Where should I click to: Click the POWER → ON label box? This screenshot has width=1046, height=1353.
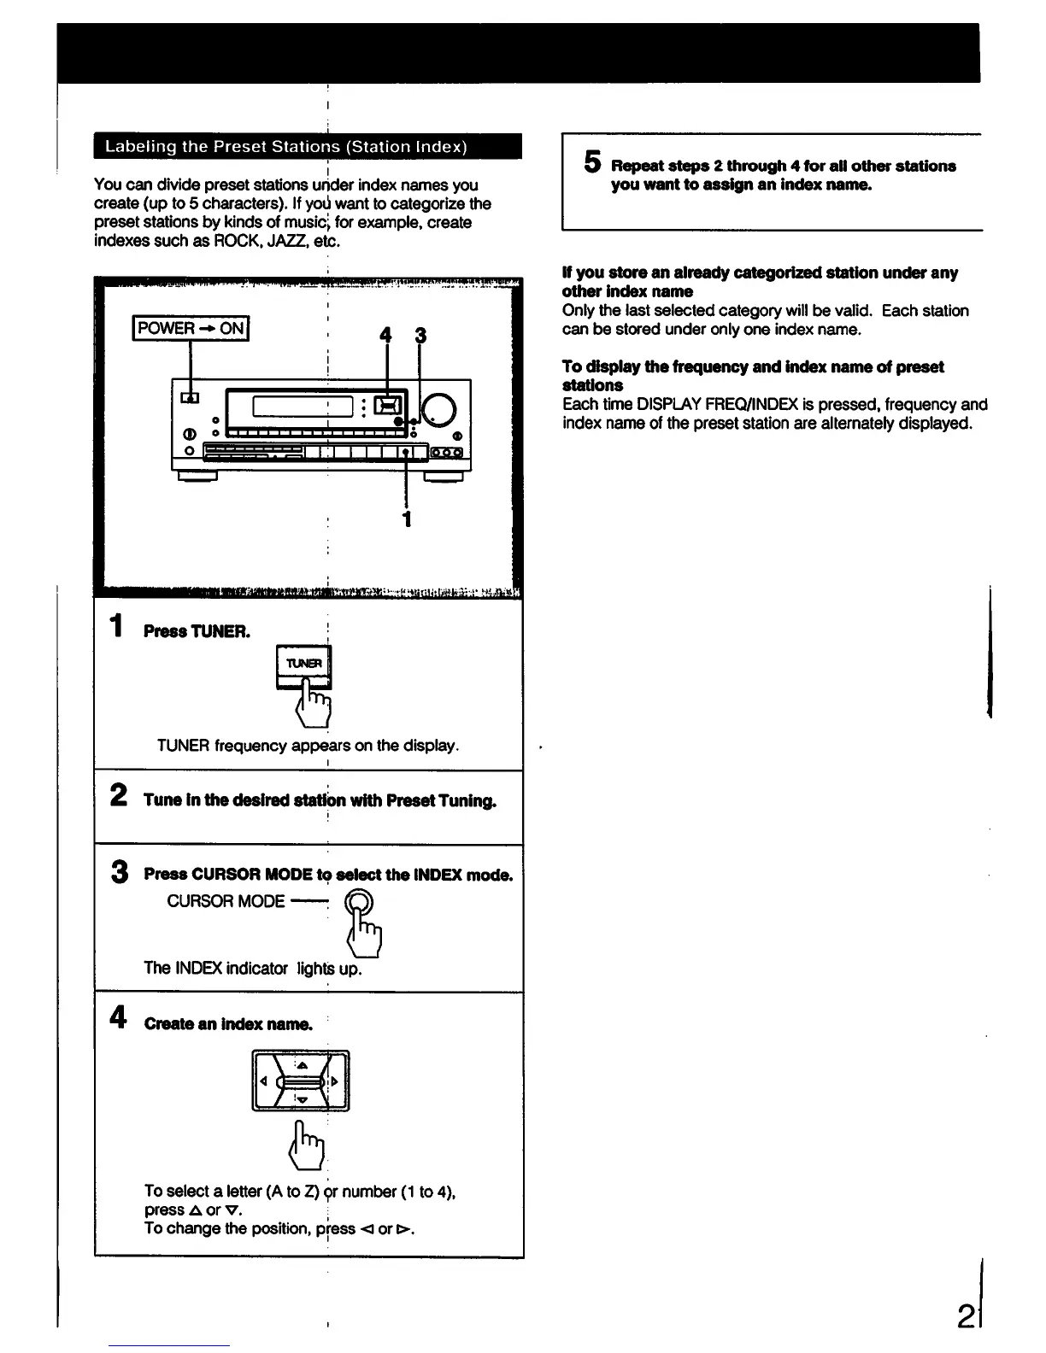(191, 328)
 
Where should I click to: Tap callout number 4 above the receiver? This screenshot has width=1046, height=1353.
(385, 337)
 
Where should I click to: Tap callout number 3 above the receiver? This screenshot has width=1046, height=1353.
(420, 337)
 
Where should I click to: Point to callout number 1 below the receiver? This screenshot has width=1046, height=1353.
(407, 518)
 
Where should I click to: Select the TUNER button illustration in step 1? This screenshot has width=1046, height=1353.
(303, 665)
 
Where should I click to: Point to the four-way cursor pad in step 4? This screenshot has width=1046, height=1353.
(301, 1081)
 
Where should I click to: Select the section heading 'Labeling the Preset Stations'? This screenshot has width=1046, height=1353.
(285, 146)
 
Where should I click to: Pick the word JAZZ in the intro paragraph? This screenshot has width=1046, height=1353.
(287, 241)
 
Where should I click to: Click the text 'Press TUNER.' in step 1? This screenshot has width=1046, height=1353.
(197, 632)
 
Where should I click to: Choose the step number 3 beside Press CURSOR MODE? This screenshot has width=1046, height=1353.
(119, 872)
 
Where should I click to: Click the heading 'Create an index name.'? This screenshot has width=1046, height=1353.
(228, 1024)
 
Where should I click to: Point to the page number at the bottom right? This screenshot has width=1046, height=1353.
(967, 1320)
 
